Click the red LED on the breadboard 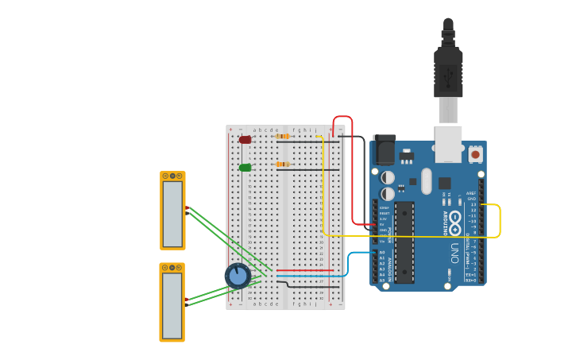pyautogui.click(x=245, y=140)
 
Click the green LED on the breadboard pyautogui.click(x=245, y=168)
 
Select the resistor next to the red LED pyautogui.click(x=283, y=137)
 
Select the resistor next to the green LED pyautogui.click(x=283, y=165)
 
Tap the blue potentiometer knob pyautogui.click(x=238, y=276)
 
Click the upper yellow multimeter pyautogui.click(x=172, y=210)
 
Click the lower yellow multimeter pyautogui.click(x=172, y=302)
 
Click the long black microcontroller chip pyautogui.click(x=404, y=242)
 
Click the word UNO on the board pyautogui.click(x=455, y=253)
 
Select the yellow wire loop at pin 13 pyautogui.click(x=499, y=220)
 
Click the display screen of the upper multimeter pyautogui.click(x=172, y=214)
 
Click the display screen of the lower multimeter pyautogui.click(x=172, y=306)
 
